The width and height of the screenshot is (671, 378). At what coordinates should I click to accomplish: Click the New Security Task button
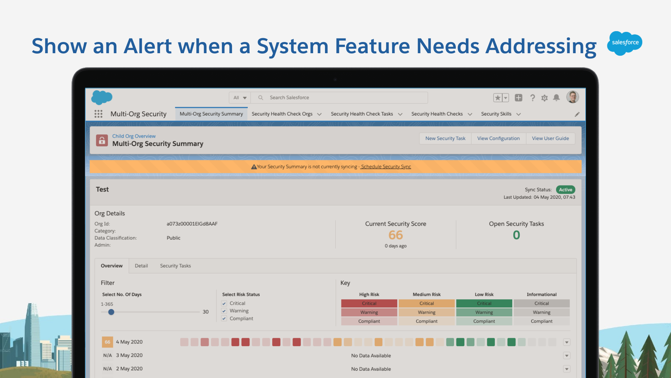point(445,139)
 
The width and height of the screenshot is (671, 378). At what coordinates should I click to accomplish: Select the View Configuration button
point(498,139)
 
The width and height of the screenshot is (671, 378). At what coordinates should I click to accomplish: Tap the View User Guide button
point(550,139)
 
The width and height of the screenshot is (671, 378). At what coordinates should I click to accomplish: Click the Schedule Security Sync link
point(386,167)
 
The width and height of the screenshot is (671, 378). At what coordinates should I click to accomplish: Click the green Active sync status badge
point(565,190)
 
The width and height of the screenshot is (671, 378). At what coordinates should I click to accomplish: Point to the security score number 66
point(396,235)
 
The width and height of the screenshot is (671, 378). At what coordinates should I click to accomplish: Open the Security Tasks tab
point(175,266)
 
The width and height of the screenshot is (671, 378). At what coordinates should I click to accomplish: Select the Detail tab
point(141,266)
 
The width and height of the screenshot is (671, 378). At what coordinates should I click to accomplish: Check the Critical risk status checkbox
point(224,303)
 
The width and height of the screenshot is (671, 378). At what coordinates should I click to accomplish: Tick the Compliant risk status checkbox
point(224,318)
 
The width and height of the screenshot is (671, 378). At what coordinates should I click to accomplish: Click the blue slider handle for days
point(111,312)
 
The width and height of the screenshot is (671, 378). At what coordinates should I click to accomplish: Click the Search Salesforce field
point(339,98)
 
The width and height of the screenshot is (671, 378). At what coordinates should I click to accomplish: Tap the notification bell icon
point(556,98)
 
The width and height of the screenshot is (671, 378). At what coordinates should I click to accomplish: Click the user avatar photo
point(572,97)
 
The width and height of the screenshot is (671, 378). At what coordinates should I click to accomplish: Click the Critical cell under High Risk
point(369,303)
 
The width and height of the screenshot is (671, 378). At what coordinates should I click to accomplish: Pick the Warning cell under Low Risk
point(484,312)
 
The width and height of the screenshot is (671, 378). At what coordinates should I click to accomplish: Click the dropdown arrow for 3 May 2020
point(567,356)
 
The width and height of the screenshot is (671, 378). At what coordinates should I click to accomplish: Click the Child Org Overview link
point(134,136)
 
